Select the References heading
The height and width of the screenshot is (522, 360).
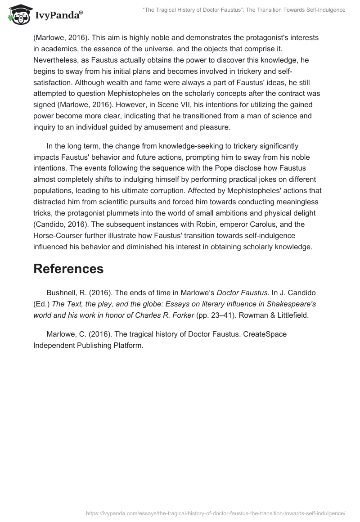point(68,269)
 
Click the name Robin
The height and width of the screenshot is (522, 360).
point(187,224)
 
